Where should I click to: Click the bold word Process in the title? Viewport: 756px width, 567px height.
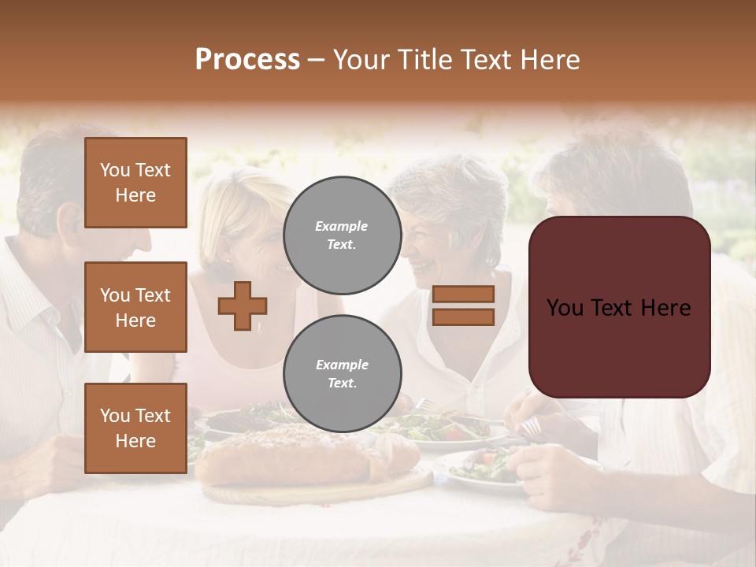pos(247,60)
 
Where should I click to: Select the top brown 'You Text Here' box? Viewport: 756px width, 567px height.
pos(135,183)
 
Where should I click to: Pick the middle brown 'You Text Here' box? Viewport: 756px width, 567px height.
pos(135,307)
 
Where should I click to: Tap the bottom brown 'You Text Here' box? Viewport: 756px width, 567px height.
pos(135,428)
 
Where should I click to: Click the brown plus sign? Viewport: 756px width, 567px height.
pos(243,306)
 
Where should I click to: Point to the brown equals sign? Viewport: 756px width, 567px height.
pos(463,306)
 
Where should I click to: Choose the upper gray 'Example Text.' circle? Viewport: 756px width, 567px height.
pos(342,235)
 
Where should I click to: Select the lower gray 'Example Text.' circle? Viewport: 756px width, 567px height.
pos(342,373)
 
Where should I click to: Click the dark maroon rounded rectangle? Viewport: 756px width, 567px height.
pos(619,306)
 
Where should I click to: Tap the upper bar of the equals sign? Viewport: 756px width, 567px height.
pos(463,295)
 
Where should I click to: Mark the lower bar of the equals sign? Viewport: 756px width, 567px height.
pos(463,317)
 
